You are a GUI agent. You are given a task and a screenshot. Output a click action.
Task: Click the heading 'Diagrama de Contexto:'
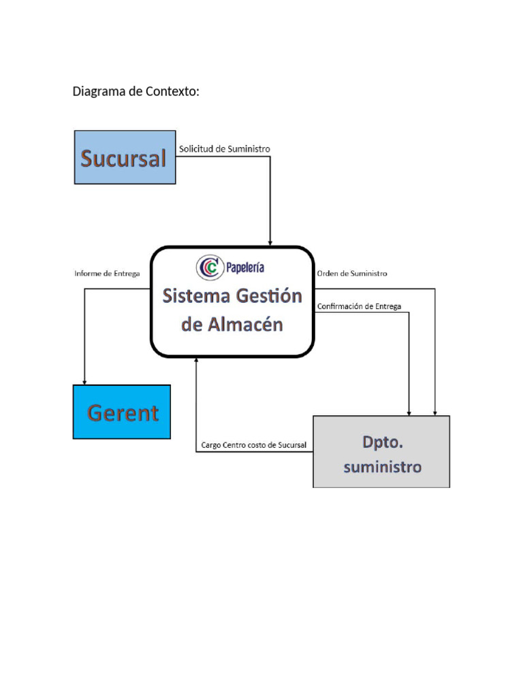click(136, 91)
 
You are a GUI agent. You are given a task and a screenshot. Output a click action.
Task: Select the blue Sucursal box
click(125, 157)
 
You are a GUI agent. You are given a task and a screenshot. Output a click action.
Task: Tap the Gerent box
click(122, 412)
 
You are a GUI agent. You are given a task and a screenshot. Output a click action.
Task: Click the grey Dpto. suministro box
click(381, 451)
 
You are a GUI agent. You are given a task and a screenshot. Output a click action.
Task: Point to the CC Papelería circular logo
click(210, 268)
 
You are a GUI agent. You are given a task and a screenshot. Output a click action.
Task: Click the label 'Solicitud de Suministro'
click(224, 148)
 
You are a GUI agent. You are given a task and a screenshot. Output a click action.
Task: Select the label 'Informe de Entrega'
click(107, 274)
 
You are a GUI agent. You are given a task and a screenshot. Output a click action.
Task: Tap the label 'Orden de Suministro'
click(352, 274)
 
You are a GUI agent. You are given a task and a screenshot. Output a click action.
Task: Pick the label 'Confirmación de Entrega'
click(359, 306)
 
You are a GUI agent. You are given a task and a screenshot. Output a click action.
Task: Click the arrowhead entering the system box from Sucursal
click(270, 242)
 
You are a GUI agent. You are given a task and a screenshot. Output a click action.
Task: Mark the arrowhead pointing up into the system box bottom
click(196, 361)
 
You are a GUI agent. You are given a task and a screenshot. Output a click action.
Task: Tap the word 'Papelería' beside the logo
click(245, 268)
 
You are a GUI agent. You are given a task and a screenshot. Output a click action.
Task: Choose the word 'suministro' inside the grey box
click(382, 467)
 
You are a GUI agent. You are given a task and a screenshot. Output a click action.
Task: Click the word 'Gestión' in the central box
click(268, 296)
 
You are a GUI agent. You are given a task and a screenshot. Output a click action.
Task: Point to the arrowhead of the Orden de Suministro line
click(435, 412)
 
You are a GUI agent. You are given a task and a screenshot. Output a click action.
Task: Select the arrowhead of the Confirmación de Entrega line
click(409, 412)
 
